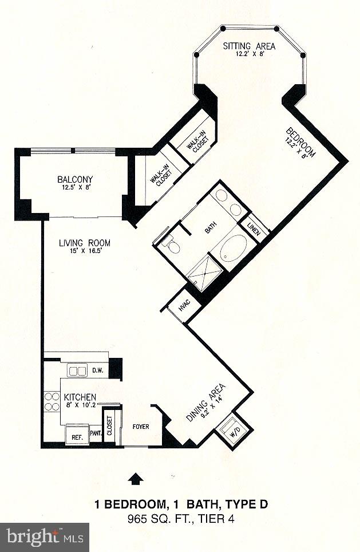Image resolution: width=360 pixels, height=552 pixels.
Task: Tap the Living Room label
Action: coord(85,243)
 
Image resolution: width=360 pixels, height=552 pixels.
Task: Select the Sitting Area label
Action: coord(249,46)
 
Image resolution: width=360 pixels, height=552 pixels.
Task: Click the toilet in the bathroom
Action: coord(169,246)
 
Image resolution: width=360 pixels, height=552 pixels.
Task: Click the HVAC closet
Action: coord(184,306)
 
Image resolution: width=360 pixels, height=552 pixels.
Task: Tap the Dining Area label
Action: coord(205,402)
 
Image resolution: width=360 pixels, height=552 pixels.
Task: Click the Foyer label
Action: coord(141,426)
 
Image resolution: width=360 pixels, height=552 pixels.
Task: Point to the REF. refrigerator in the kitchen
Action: coord(77,435)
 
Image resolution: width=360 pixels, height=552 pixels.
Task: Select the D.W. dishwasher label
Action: coord(98,370)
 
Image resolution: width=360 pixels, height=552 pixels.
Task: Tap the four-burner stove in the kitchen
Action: coord(52,400)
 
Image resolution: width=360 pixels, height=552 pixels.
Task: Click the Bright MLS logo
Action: coord(44,537)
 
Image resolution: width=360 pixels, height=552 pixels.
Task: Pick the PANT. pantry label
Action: coord(95,433)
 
